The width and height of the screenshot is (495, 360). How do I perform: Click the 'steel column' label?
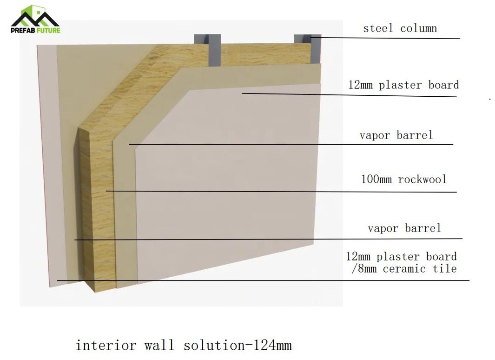[400, 28]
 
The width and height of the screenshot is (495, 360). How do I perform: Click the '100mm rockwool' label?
[404, 180]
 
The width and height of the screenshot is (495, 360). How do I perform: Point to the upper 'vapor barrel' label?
[396, 135]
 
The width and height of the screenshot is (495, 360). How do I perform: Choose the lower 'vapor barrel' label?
[404, 228]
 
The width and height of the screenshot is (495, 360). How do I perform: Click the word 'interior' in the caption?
[106, 345]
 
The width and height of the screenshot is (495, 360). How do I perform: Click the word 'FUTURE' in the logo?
[48, 30]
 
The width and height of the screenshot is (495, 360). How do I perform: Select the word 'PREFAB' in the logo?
[23, 30]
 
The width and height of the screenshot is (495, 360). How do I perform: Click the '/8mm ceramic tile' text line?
[404, 268]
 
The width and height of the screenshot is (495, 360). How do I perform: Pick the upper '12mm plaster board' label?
[403, 85]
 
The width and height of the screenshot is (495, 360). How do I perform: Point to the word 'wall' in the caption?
[159, 345]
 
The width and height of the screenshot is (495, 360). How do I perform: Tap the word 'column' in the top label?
[419, 28]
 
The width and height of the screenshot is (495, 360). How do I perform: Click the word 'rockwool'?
[422, 180]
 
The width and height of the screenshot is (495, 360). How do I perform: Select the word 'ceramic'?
[404, 269]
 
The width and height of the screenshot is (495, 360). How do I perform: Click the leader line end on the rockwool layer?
[106, 190]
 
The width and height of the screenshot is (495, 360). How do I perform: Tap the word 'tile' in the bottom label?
[445, 268]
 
